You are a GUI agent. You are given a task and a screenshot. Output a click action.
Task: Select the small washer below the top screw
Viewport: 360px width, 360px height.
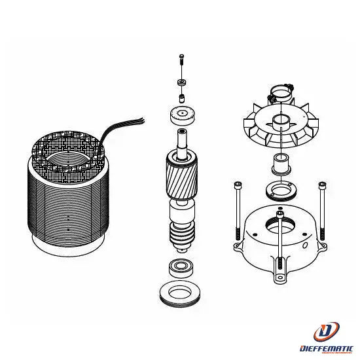182,82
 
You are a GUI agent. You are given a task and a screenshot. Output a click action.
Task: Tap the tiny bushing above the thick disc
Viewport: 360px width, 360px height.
181,98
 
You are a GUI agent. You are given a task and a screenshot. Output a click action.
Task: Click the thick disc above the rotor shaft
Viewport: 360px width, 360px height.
183,115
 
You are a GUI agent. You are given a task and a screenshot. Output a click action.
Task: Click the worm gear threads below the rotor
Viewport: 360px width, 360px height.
183,234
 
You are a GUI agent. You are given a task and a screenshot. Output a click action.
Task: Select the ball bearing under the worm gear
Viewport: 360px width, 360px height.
181,268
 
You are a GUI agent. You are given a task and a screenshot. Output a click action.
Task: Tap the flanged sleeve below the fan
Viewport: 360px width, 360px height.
281,164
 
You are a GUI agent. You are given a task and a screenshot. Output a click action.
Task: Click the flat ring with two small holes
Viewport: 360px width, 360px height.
281,190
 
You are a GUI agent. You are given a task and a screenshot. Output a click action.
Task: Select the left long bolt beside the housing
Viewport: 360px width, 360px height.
238,211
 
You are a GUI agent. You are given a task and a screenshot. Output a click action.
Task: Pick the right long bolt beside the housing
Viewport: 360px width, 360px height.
322,211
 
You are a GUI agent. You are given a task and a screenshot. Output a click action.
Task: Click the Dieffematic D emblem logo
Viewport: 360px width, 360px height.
326,332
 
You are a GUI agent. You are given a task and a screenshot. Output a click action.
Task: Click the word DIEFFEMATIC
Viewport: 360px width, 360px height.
326,348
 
